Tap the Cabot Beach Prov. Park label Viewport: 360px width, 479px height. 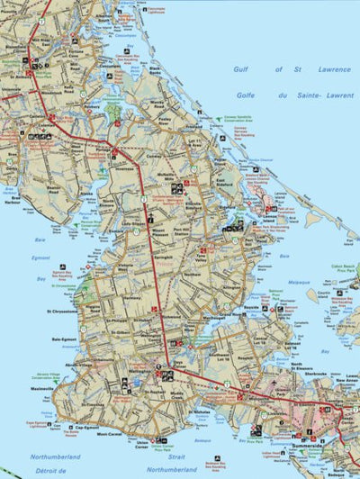[342, 268]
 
